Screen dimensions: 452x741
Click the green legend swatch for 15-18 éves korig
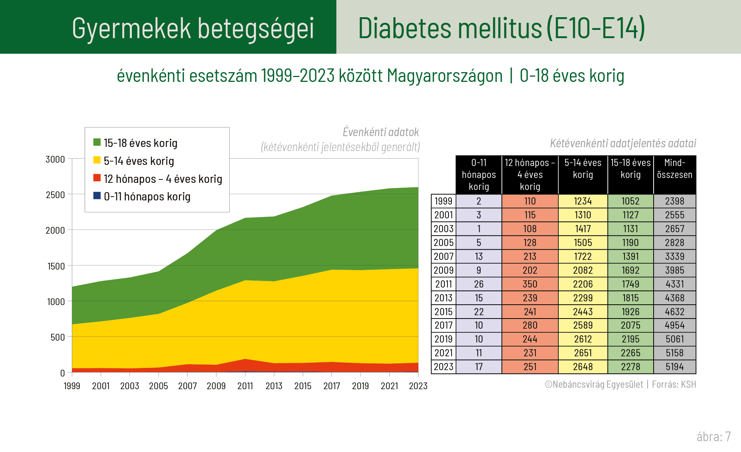[x=97, y=142]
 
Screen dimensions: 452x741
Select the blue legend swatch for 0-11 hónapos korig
[x=97, y=196]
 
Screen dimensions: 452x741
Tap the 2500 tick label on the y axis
[x=55, y=195]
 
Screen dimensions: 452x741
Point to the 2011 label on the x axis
[x=245, y=386]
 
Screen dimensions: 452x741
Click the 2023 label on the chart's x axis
[x=418, y=386]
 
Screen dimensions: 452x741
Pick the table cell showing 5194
[x=675, y=367]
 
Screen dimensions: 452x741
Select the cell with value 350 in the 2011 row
[x=530, y=284]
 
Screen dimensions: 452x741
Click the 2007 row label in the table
[x=443, y=256]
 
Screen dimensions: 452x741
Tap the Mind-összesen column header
[x=675, y=169]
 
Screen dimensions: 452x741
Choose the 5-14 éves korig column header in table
[x=583, y=169]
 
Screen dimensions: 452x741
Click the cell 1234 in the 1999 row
[x=583, y=201]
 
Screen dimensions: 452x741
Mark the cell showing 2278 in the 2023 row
[x=630, y=367]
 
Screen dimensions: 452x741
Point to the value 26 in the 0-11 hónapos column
[x=478, y=284]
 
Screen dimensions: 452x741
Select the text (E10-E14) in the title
[x=596, y=28]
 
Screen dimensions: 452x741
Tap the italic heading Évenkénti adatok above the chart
[x=381, y=132]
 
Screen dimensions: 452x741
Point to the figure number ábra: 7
[x=713, y=436]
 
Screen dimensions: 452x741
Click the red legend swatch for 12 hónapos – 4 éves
[x=97, y=178]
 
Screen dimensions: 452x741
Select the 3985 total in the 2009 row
[x=675, y=270]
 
